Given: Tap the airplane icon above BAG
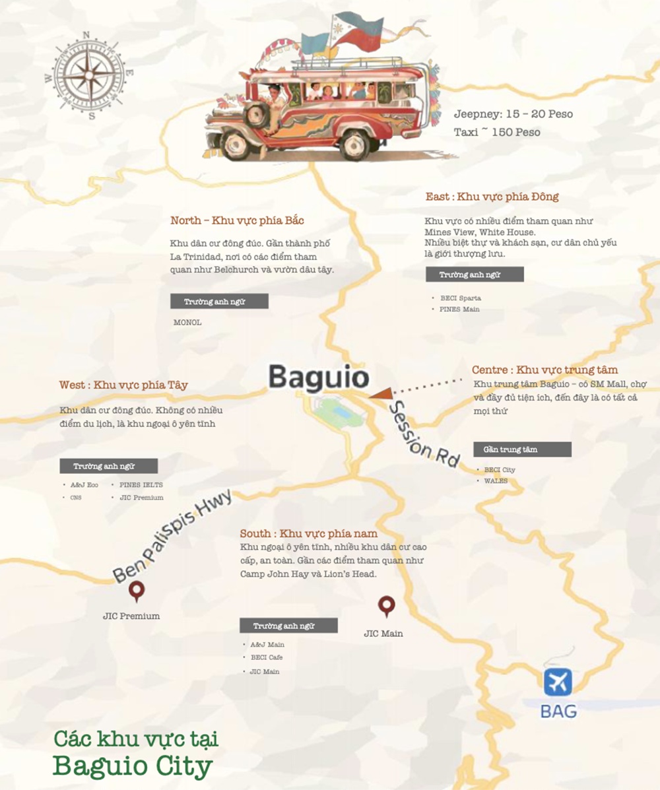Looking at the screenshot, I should (558, 682).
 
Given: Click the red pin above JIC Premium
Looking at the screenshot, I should (137, 591).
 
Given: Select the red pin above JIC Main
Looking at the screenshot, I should (385, 606).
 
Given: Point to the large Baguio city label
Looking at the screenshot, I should (318, 378).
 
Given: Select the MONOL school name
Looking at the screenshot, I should (187, 323).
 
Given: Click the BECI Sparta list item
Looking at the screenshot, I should (459, 298).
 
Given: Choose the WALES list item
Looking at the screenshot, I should (496, 481).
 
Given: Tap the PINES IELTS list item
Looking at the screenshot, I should (141, 484).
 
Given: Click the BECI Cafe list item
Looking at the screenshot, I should (267, 657).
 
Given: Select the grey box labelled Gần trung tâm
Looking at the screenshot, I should (522, 449).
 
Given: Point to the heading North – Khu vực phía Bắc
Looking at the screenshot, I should (237, 220).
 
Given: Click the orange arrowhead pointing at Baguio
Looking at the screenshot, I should (381, 394).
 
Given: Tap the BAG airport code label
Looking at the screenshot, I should (558, 711).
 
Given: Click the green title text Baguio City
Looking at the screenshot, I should (133, 766).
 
